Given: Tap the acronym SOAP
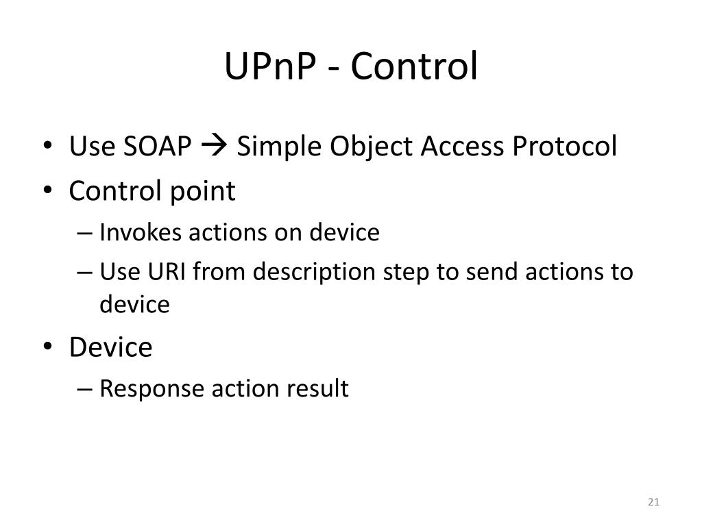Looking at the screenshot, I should [159, 147].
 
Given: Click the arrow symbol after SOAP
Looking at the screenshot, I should [215, 147].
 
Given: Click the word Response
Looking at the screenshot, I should [152, 389].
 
